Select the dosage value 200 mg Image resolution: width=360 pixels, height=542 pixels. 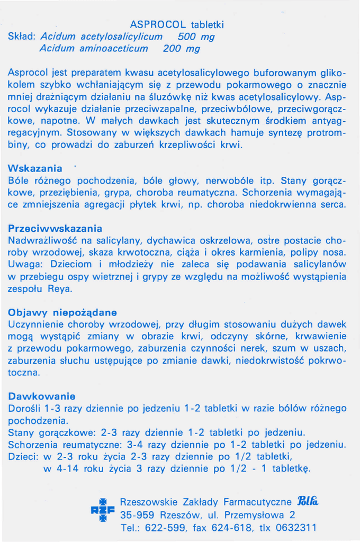pos(182,49)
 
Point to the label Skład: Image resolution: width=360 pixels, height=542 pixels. pos(22,37)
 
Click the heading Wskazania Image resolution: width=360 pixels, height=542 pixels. pos(35,169)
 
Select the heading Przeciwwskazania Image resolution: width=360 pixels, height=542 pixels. pos(55,229)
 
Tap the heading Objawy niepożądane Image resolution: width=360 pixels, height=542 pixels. pos(62,312)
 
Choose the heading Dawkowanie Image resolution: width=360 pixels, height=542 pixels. pos(42,396)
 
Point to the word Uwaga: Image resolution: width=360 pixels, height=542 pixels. pos(26,265)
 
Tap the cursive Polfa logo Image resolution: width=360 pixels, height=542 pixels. pos(309,501)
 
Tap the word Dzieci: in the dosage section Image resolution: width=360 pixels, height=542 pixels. pos(23,457)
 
